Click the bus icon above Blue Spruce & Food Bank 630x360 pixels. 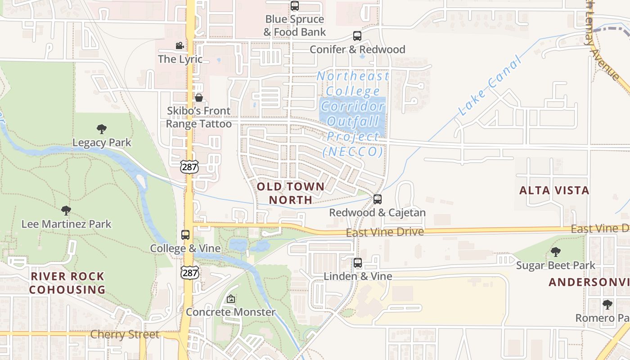tap(295, 6)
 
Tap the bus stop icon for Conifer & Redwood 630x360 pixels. tap(357, 36)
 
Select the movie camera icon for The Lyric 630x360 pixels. tap(180, 46)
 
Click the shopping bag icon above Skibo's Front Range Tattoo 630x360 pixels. tap(198, 98)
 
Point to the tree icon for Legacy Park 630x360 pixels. tap(102, 129)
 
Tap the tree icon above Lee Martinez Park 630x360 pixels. tap(66, 210)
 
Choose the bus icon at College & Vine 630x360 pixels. tap(185, 235)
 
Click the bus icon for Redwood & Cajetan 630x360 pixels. tap(378, 199)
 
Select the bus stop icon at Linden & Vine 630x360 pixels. tap(358, 263)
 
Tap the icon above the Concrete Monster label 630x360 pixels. tap(230, 299)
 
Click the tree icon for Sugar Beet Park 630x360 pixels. tap(556, 252)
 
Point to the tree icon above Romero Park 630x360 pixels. tap(607, 305)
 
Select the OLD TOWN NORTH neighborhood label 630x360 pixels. tap(290, 193)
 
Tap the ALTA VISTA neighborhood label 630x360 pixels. tap(554, 190)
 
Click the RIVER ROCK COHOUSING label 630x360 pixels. tap(67, 283)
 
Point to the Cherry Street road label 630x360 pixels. tap(125, 334)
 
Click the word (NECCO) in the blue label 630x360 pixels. tap(353, 152)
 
